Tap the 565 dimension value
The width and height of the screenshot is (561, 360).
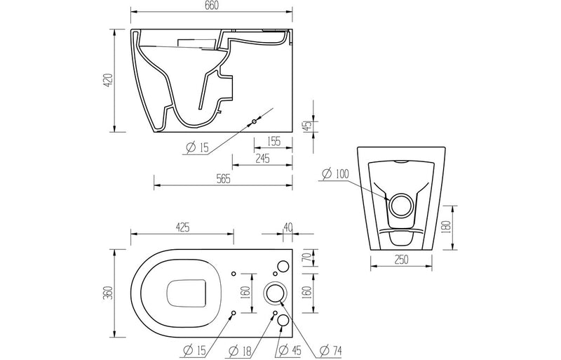point(224,179)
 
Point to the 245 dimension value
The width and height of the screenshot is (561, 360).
point(263,159)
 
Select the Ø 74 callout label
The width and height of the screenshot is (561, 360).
point(331,350)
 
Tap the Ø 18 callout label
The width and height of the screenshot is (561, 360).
point(246,350)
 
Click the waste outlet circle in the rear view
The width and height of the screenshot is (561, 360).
point(401,205)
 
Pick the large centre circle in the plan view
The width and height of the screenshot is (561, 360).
point(274,292)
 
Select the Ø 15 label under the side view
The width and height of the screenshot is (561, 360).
point(197,147)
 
